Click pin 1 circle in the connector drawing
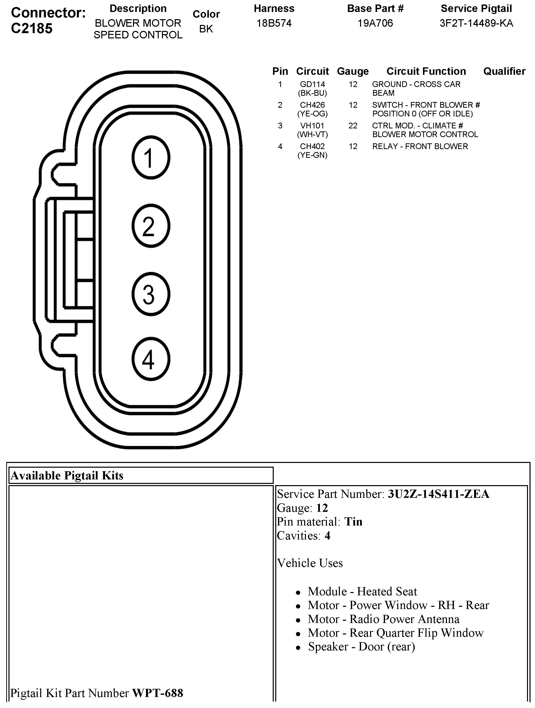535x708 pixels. click(150, 158)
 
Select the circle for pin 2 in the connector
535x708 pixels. click(150, 226)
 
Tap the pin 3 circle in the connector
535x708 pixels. click(150, 294)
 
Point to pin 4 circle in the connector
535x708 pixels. click(150, 359)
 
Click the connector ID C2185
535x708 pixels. click(32, 28)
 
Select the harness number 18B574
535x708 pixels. click(274, 23)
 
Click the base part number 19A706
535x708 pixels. click(375, 23)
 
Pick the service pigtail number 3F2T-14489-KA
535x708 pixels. click(476, 23)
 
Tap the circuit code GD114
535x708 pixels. click(312, 84)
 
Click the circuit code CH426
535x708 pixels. click(312, 105)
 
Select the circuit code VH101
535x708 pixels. click(312, 126)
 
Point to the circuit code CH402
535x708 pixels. click(312, 146)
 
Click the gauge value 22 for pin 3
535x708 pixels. click(353, 126)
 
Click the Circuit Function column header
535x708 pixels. click(426, 71)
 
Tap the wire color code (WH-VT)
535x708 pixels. click(312, 134)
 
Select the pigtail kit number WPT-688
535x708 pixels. click(158, 693)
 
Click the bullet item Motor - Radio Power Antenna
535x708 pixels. click(384, 619)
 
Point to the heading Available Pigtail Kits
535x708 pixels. click(67, 476)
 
